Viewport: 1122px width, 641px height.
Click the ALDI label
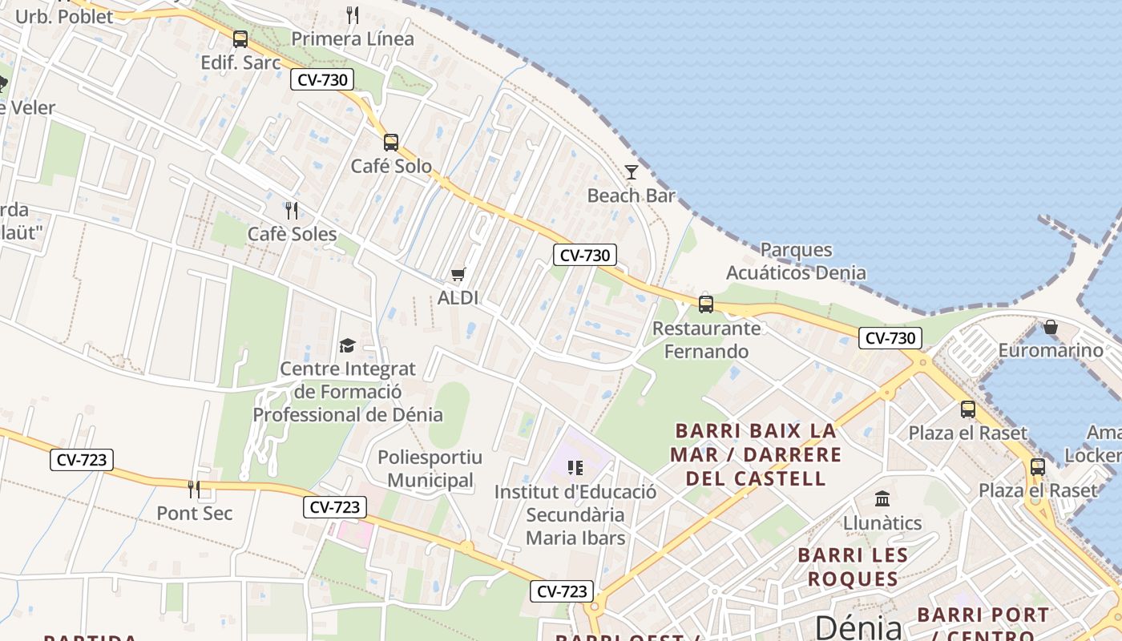pyautogui.click(x=458, y=298)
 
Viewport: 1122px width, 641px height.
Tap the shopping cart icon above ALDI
pyautogui.click(x=458, y=275)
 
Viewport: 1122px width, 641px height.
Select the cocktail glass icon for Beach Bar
pyautogui.click(x=632, y=171)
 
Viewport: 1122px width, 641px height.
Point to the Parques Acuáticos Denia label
pyautogui.click(x=796, y=261)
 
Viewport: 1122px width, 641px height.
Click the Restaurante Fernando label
pyautogui.click(x=706, y=340)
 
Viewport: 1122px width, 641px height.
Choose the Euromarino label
pyautogui.click(x=1050, y=350)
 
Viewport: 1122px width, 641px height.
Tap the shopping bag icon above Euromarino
pyautogui.click(x=1050, y=327)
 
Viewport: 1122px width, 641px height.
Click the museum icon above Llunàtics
pyautogui.click(x=882, y=499)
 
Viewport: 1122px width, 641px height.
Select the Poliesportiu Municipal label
pyautogui.click(x=430, y=469)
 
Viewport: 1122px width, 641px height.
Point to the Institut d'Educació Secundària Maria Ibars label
pyautogui.click(x=575, y=514)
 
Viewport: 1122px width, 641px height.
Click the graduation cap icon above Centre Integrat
pyautogui.click(x=347, y=345)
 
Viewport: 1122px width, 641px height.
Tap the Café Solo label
pyautogui.click(x=391, y=167)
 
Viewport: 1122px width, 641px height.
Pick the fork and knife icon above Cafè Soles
pyautogui.click(x=292, y=211)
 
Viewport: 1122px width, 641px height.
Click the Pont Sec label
pyautogui.click(x=194, y=513)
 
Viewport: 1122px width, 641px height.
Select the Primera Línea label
pyautogui.click(x=353, y=38)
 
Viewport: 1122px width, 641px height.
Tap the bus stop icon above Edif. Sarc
pyautogui.click(x=240, y=39)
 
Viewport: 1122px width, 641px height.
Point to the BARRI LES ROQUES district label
pyautogui.click(x=853, y=566)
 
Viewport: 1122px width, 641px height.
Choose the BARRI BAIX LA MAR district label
pyautogui.click(x=756, y=454)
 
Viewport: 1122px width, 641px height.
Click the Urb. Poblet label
pyautogui.click(x=64, y=16)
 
